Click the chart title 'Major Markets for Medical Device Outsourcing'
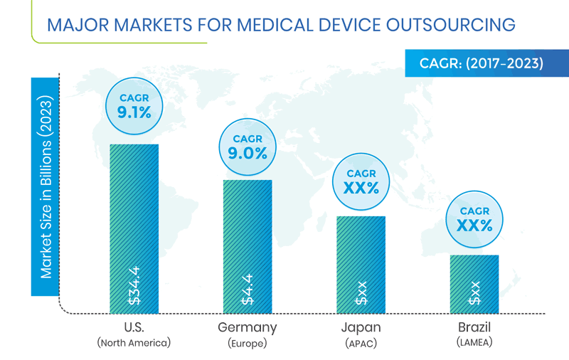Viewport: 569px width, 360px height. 281,24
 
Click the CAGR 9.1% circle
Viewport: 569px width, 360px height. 134,105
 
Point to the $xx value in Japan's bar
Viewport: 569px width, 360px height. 361,293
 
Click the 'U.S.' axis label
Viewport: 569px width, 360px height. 134,327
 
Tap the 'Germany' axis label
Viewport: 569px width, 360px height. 248,327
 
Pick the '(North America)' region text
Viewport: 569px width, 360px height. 134,343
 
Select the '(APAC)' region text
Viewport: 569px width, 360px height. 361,343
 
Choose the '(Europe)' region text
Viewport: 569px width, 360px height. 248,343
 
